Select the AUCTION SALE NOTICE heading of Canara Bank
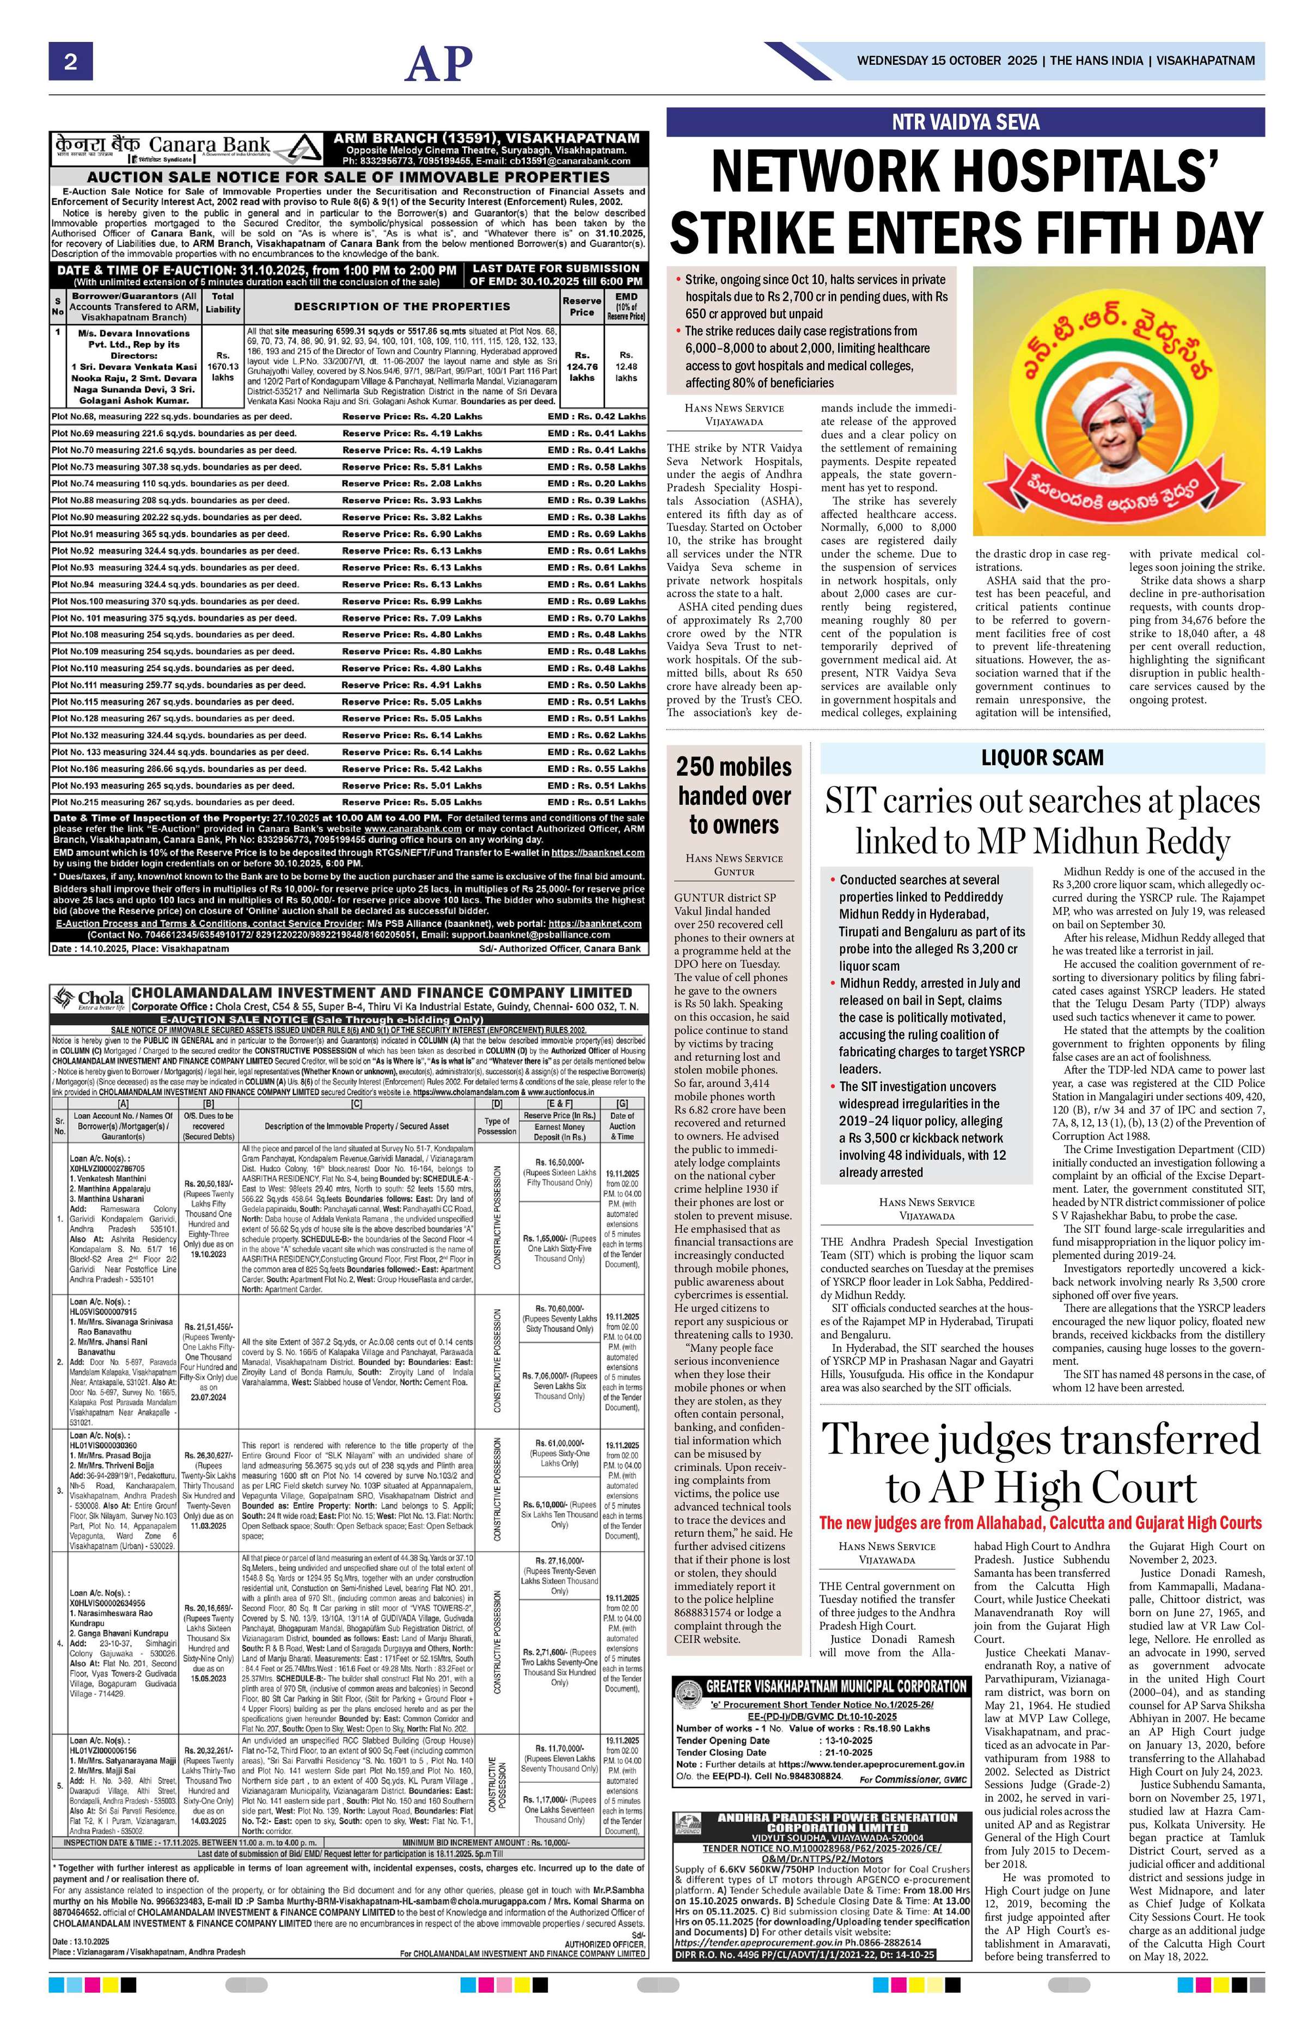(x=347, y=177)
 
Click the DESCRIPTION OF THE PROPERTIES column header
(x=401, y=306)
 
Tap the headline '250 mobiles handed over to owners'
(x=734, y=795)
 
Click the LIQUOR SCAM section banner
(x=1042, y=757)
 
